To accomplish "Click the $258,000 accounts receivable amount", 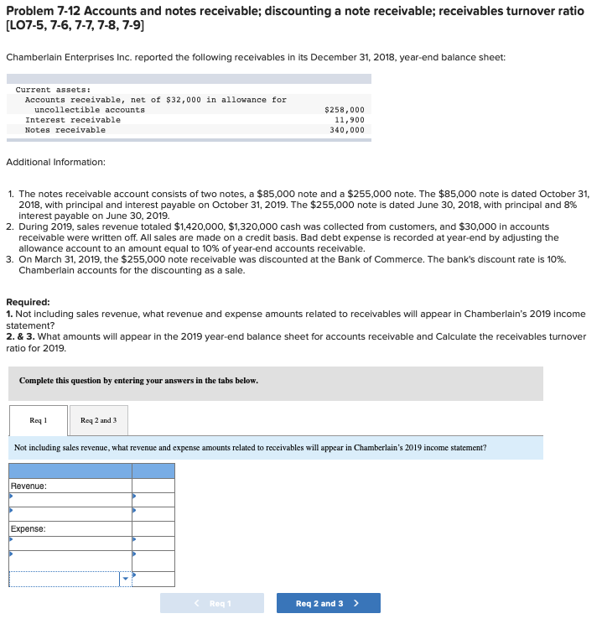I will tap(344, 110).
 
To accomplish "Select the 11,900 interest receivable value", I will tap(349, 120).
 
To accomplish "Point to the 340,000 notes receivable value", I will tap(347, 130).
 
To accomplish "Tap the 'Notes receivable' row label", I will tap(65, 130).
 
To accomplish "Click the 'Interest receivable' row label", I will tap(73, 120).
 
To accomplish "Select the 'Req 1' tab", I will tap(39, 420).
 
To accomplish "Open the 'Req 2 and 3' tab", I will tap(98, 420).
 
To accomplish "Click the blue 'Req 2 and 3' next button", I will tap(328, 603).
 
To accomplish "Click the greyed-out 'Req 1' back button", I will tap(212, 603).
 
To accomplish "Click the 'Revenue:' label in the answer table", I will tap(29, 486).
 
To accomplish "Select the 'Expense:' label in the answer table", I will tap(29, 529).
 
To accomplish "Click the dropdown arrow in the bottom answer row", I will tap(125, 578).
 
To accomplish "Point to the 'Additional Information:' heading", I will tap(55, 162).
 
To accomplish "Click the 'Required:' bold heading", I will tap(28, 302).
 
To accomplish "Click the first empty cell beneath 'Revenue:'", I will tap(70, 500).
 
